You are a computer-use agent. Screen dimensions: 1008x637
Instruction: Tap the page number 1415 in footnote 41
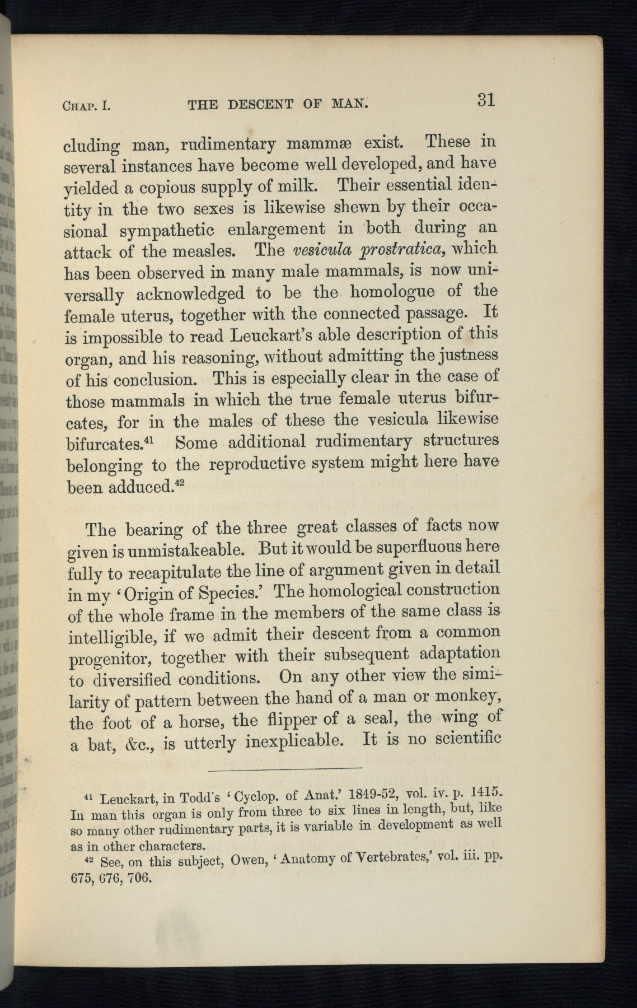pos(484,792)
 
